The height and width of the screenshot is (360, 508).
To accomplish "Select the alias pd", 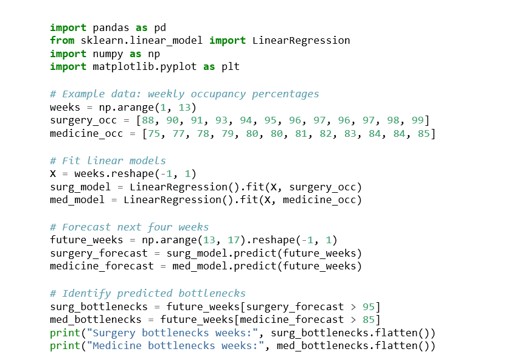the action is pyautogui.click(x=160, y=27).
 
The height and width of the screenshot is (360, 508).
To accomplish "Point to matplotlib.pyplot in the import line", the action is pyautogui.click(x=145, y=66).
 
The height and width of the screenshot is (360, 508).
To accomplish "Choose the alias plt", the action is pyautogui.click(x=231, y=66).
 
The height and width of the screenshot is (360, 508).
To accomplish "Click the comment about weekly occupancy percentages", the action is pyautogui.click(x=184, y=94).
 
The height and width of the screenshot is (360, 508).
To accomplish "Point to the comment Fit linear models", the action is pyautogui.click(x=108, y=161).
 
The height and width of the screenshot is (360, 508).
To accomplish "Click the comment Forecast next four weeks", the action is pyautogui.click(x=129, y=227).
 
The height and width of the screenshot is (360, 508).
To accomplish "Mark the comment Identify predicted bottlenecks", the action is pyautogui.click(x=148, y=292).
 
